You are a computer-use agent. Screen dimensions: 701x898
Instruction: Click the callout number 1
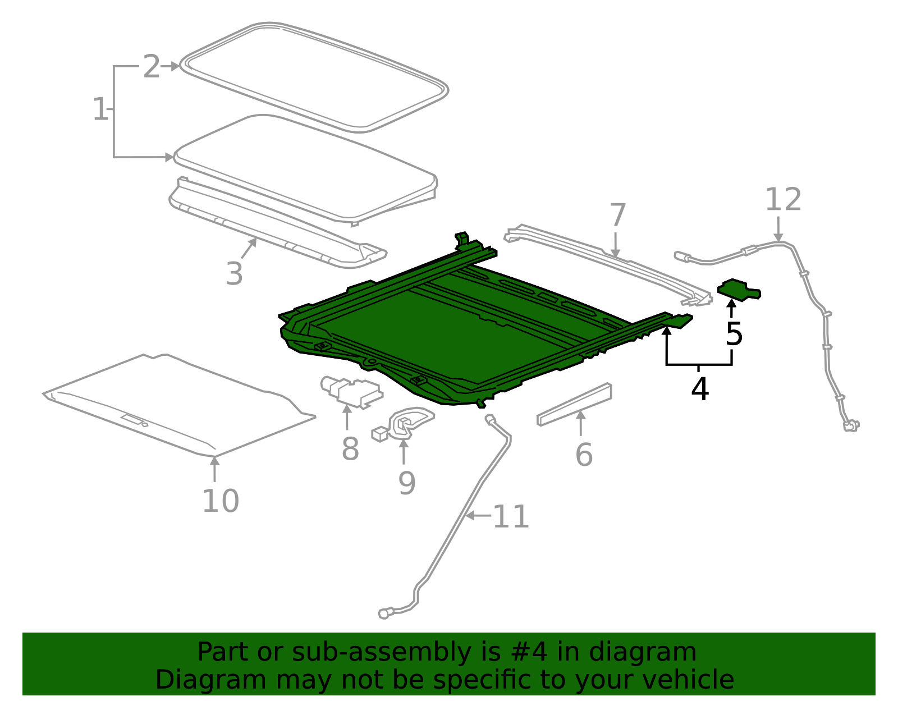coord(99,109)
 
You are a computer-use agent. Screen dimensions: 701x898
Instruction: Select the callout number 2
coord(152,67)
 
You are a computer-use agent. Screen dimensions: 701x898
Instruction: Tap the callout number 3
coord(234,274)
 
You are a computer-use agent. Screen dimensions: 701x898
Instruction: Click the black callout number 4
coord(699,389)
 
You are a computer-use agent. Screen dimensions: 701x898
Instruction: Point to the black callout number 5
coord(734,335)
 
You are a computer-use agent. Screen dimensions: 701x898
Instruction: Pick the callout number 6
coord(584,455)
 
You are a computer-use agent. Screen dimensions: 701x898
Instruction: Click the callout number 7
coord(617,216)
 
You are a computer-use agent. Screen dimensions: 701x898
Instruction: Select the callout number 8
coord(350,449)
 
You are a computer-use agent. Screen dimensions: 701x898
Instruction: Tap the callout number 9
coord(407,483)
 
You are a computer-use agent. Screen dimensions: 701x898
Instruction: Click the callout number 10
coord(221,501)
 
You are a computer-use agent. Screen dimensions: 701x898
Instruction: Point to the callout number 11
coord(511,517)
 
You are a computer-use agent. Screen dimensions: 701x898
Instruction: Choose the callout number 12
coord(784,200)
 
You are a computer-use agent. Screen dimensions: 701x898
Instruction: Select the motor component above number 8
coord(351,390)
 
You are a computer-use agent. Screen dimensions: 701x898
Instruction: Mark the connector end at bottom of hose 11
coord(384,613)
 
